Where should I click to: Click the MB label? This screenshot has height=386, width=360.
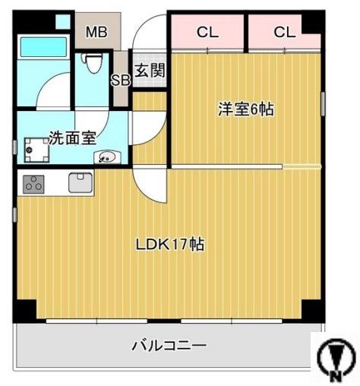coord(96,32)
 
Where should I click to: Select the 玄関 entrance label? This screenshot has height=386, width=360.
coord(150,71)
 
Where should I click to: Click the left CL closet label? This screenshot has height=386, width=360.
coord(207,32)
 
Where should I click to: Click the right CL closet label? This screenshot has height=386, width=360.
coord(284,32)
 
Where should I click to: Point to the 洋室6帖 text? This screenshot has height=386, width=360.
coord(247,109)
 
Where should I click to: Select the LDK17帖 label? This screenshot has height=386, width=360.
coord(169,245)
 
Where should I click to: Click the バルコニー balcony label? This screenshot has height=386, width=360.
coord(169,346)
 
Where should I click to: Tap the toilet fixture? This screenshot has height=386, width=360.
coord(93,64)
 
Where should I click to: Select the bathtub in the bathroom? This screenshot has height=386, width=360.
coord(44,47)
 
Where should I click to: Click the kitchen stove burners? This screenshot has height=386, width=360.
coord(33,184)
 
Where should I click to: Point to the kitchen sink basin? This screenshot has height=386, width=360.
coord(80,183)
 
